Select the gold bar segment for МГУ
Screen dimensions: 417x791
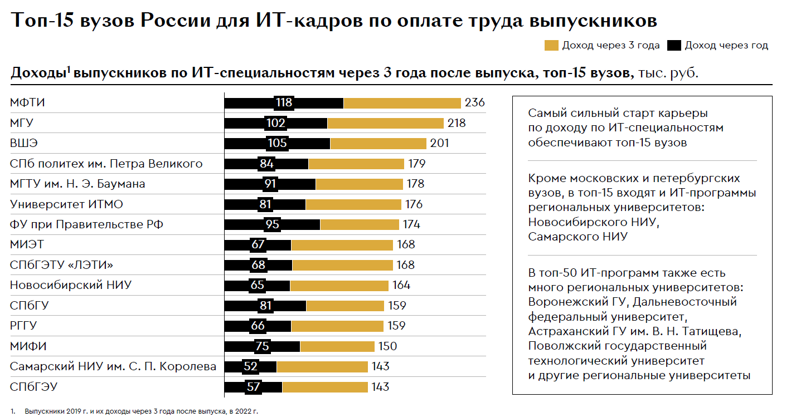point(385,123)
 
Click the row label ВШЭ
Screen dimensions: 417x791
point(24,143)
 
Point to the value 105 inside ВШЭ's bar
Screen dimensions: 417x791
point(277,144)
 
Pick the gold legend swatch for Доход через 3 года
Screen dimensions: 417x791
point(551,46)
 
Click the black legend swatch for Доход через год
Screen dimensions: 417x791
point(674,46)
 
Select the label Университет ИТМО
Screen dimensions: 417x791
point(66,204)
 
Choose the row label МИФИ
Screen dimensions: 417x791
point(28,346)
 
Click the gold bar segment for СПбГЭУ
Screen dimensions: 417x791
point(324,387)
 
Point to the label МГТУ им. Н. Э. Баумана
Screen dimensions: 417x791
point(77,184)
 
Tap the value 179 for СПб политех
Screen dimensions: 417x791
point(416,164)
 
